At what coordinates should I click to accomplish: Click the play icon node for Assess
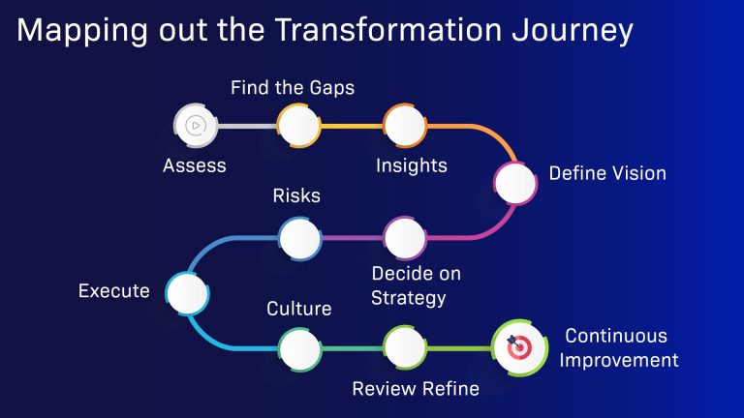tap(194, 125)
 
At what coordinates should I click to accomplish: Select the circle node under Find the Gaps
tap(298, 125)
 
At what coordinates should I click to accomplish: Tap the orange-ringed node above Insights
tap(404, 125)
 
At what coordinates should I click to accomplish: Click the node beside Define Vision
tap(514, 181)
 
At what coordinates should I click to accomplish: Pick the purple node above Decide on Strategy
tap(404, 236)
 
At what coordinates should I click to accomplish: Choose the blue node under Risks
tap(299, 236)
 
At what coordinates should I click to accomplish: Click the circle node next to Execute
tap(185, 291)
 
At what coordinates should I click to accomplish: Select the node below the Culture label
tap(299, 346)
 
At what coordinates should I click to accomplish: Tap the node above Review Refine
tap(404, 346)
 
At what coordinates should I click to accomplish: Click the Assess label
tap(194, 165)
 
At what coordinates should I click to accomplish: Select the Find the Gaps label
tap(292, 88)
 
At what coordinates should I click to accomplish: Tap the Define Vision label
tap(607, 174)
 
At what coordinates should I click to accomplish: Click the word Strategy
tap(409, 298)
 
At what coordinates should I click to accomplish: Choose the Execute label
tap(113, 290)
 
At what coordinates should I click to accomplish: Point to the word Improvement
tap(621, 361)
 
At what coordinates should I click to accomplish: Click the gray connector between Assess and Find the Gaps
tap(246, 125)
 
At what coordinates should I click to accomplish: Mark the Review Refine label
tap(416, 389)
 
